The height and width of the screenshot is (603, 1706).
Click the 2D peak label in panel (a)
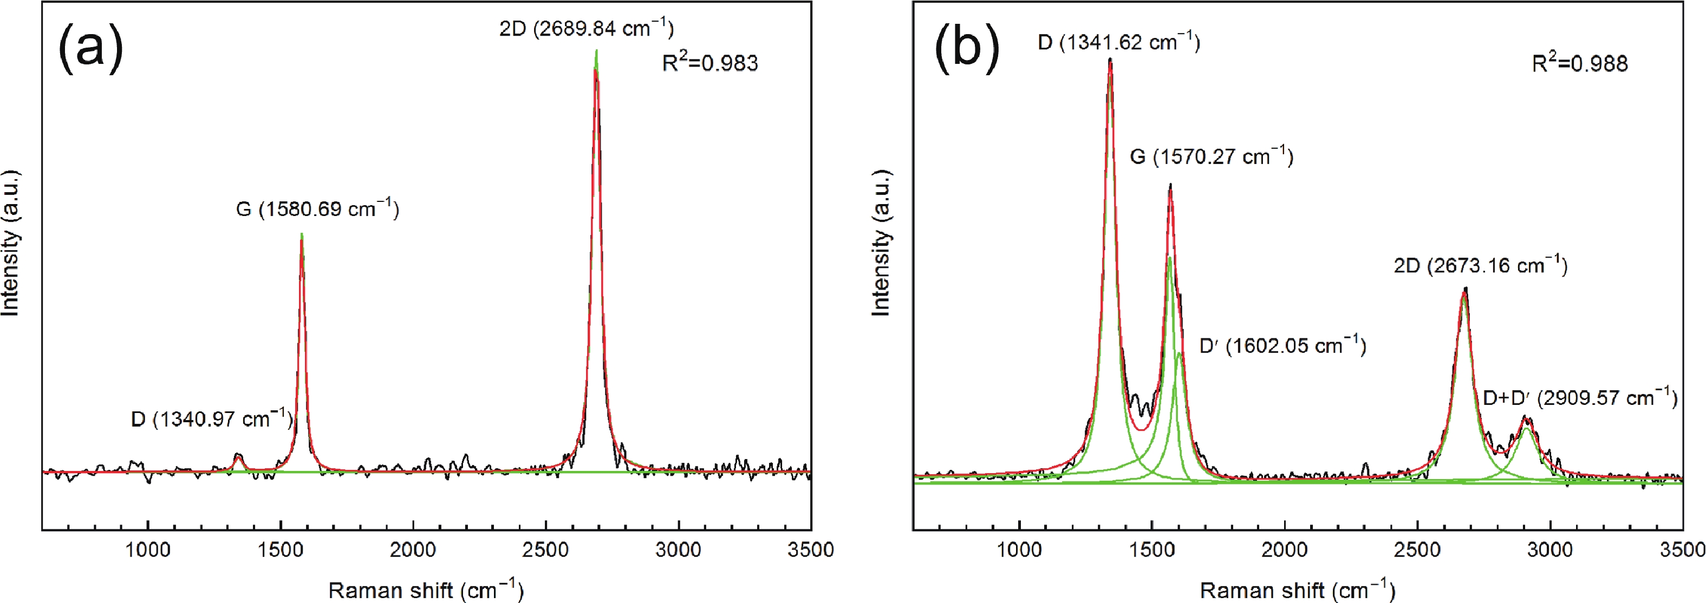586,29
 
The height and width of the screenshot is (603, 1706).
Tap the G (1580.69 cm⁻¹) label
317,209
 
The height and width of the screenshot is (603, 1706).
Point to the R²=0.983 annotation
710,63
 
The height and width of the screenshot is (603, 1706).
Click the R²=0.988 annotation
1579,63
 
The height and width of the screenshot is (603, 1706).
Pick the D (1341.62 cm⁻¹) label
1118,43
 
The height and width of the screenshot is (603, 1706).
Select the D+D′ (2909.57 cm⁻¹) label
1579,398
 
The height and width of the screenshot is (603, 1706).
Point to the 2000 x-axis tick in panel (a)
413,550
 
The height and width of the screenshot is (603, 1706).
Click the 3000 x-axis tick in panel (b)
1549,550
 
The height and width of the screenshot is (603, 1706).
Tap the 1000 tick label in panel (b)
1019,550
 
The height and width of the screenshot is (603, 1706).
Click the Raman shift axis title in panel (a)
425,589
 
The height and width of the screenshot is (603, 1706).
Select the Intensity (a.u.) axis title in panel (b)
881,243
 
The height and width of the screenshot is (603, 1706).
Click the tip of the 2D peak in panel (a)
597,51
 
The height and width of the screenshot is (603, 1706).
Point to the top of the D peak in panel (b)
1110,60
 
